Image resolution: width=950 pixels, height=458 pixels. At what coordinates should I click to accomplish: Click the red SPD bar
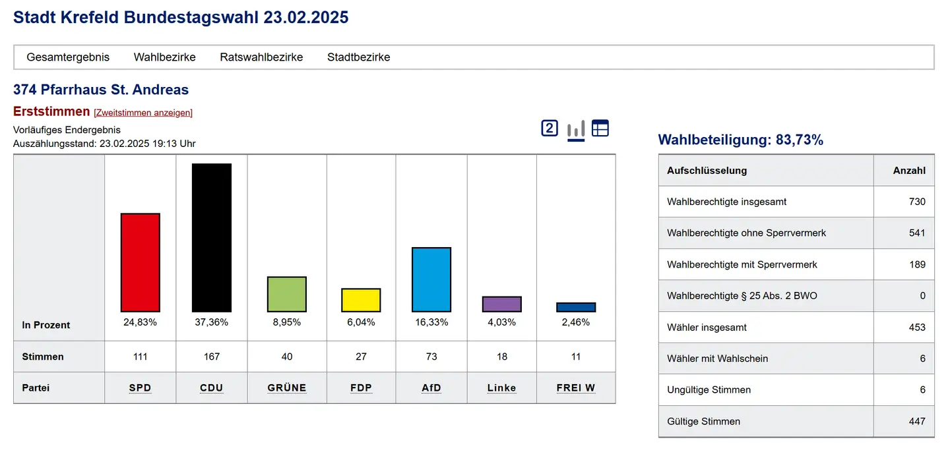click(x=140, y=262)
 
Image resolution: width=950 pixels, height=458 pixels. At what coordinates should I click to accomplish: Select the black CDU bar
click(x=212, y=237)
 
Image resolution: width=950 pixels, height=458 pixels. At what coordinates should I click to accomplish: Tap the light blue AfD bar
click(x=431, y=279)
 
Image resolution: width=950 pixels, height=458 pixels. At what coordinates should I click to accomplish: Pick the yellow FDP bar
click(x=361, y=300)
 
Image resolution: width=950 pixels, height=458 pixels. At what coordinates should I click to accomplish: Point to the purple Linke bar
click(x=502, y=304)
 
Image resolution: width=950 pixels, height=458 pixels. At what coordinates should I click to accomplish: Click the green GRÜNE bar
click(x=287, y=294)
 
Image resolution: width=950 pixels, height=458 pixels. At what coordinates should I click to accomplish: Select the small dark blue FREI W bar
click(x=576, y=307)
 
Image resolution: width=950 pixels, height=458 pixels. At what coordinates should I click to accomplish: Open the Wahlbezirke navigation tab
click(x=165, y=57)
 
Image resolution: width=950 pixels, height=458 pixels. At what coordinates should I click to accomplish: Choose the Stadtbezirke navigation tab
click(x=359, y=57)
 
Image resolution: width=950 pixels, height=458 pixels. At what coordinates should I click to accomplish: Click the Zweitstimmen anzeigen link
click(x=143, y=113)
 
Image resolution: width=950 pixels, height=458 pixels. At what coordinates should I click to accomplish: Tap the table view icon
click(x=600, y=128)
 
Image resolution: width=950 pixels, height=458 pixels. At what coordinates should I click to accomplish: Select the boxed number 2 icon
click(x=550, y=128)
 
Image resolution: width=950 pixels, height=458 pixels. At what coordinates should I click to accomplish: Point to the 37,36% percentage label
click(x=212, y=322)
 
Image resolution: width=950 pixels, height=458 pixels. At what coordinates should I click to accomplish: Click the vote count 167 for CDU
click(x=212, y=357)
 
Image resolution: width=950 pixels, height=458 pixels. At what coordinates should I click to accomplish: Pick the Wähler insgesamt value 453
click(x=917, y=328)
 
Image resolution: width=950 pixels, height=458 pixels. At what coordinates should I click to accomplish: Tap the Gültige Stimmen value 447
click(x=917, y=421)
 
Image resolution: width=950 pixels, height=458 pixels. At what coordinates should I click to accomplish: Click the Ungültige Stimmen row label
click(x=709, y=390)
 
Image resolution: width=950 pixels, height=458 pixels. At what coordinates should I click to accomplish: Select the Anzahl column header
click(x=909, y=171)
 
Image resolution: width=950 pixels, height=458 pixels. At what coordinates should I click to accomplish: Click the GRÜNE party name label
click(x=287, y=388)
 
